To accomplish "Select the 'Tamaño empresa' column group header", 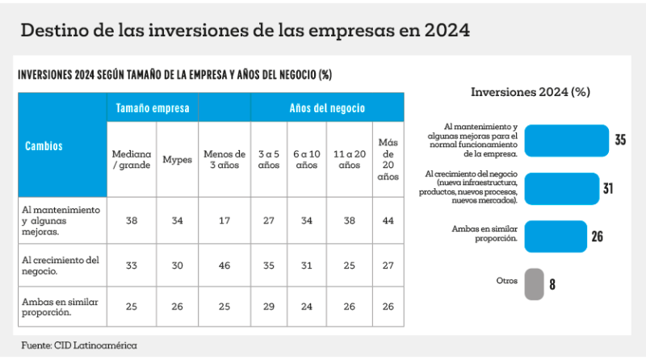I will (x=153, y=107).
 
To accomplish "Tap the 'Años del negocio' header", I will (x=327, y=107).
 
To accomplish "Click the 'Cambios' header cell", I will (x=44, y=146).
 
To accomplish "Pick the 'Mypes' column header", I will (x=177, y=159).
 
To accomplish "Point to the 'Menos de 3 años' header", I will (x=224, y=159).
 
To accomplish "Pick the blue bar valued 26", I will (x=555, y=237).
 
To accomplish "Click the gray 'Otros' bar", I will (x=533, y=284).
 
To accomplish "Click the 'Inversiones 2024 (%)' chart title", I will (x=530, y=92).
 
